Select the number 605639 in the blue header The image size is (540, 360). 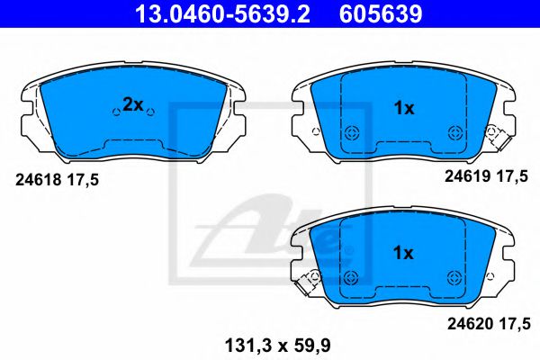tap(379, 13)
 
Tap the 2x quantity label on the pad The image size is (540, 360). tap(132, 105)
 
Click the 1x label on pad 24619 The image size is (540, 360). tap(404, 109)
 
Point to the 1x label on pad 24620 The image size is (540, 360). tap(404, 254)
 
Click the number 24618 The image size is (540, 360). tap(38, 180)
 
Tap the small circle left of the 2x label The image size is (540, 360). tap(113, 112)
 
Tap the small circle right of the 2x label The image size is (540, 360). tap(151, 112)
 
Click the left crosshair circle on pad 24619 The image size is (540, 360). tap(354, 130)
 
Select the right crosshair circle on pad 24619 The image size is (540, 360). tap(454, 130)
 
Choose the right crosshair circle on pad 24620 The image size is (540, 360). tap(454, 275)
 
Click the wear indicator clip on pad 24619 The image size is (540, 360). tap(493, 135)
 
